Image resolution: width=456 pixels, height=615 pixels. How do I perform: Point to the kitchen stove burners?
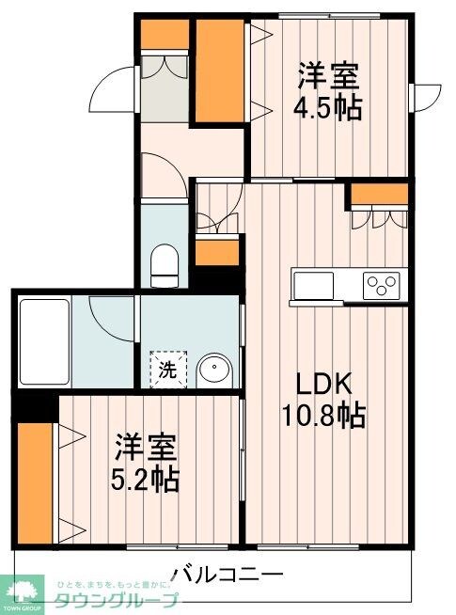coord(384,283)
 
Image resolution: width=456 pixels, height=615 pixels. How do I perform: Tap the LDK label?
coord(324,385)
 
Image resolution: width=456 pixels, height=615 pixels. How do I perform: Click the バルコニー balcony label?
coord(228,573)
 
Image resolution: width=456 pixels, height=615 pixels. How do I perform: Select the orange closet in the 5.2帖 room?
coord(34,484)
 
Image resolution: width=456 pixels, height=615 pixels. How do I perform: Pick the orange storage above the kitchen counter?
coord(380,195)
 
